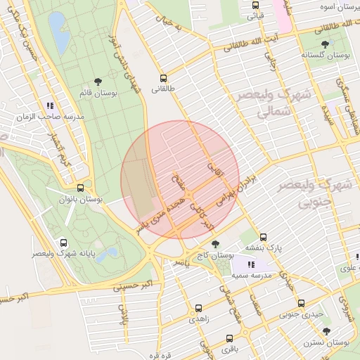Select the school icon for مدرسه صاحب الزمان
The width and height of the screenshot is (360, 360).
coord(51,105)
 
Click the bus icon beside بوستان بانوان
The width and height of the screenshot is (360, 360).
coord(80,188)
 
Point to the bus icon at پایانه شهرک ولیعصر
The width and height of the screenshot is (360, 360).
coord(64,241)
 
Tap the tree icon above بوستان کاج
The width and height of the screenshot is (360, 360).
coord(214,243)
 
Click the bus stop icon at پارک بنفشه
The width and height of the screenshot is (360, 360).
coord(263,237)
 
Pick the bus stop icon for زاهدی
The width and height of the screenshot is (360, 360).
coord(198,308)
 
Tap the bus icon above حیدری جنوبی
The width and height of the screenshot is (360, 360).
coord(301,304)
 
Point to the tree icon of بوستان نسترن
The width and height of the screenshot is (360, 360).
coord(326,331)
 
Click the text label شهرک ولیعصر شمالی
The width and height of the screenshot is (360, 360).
coord(264,102)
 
